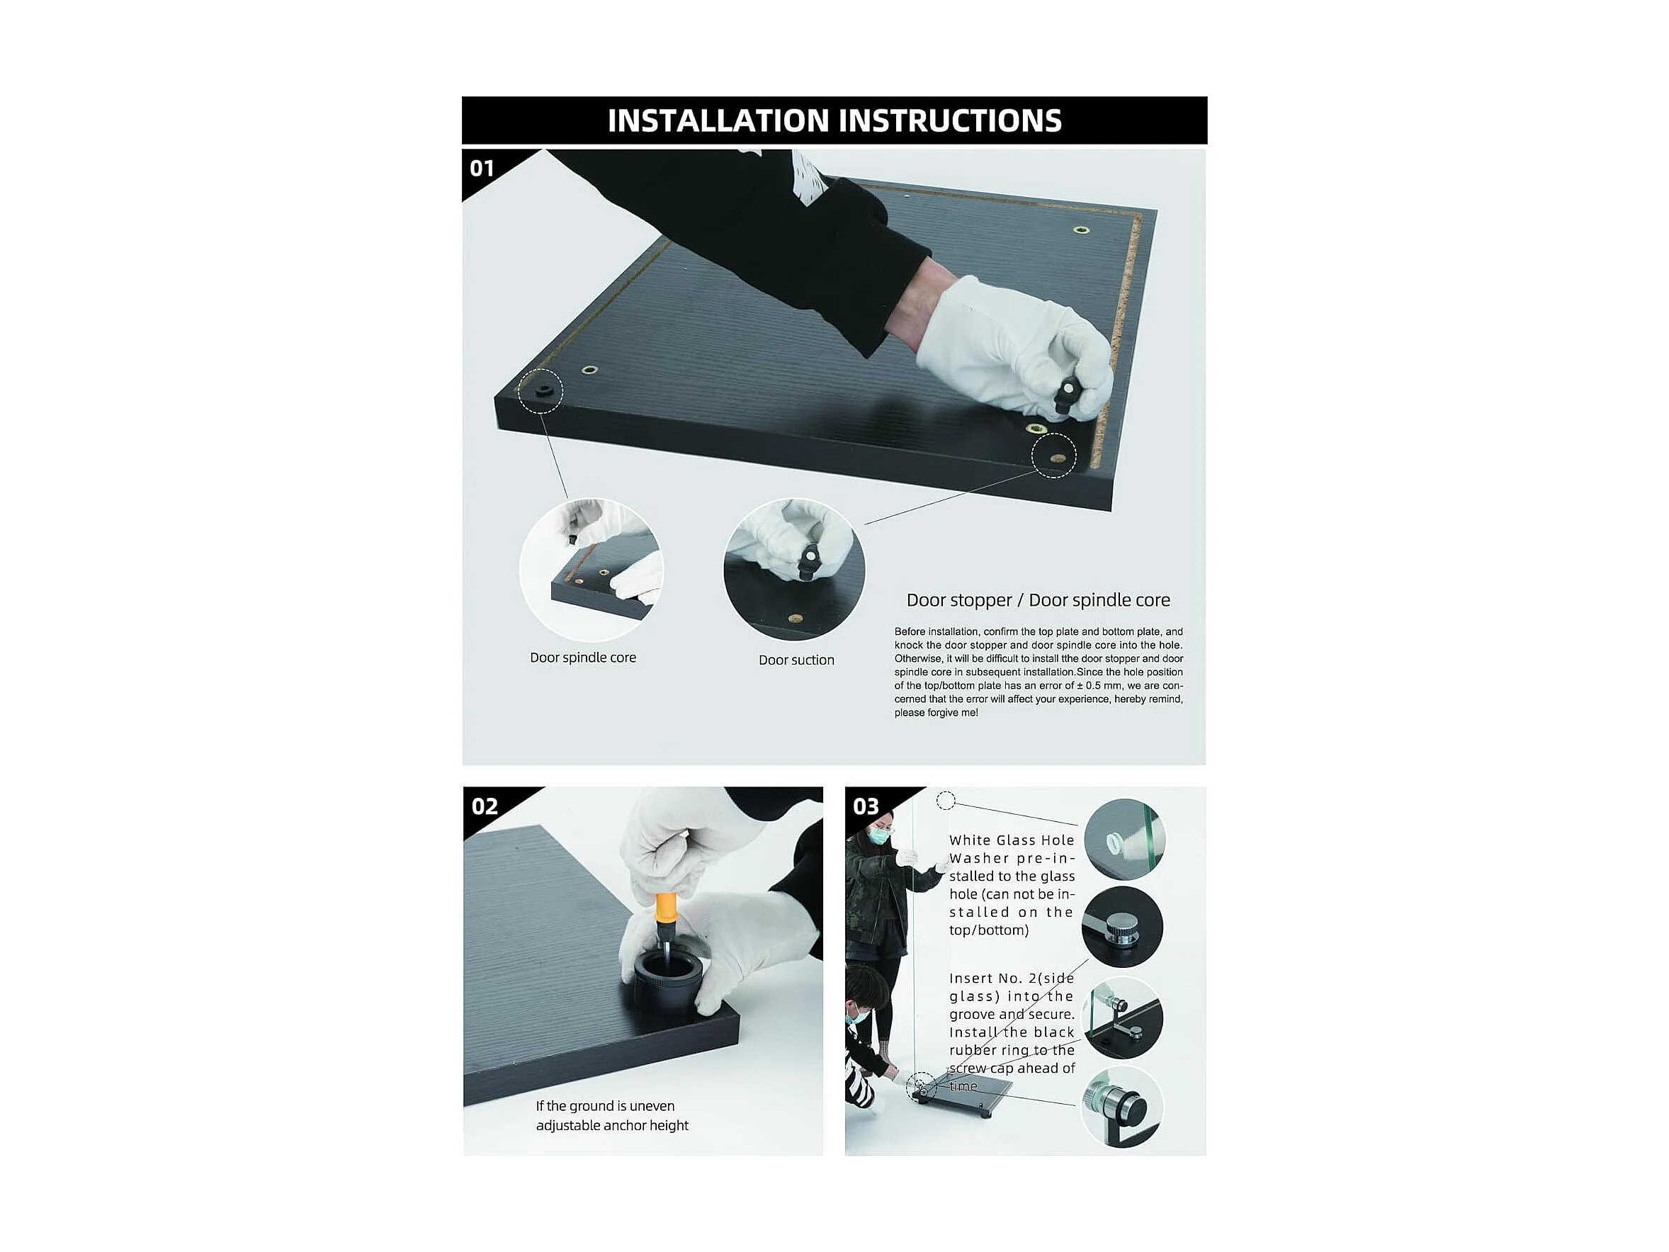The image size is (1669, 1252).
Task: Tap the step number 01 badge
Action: tap(482, 169)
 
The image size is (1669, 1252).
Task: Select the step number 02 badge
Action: tap(485, 807)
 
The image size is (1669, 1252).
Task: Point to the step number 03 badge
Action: tap(866, 807)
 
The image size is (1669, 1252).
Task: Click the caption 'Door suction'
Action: tap(796, 660)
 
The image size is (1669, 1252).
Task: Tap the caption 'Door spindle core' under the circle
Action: tap(582, 658)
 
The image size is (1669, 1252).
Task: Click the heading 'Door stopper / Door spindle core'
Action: tap(1039, 601)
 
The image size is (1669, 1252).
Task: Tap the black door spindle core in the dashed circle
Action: tap(543, 392)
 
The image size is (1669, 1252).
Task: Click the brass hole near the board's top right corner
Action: tap(1081, 230)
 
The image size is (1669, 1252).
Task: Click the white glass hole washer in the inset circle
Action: tap(1117, 842)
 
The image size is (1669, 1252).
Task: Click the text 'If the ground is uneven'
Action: tap(605, 1106)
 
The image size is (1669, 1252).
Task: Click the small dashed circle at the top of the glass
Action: tap(946, 800)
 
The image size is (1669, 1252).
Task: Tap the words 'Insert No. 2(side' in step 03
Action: tap(1012, 979)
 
